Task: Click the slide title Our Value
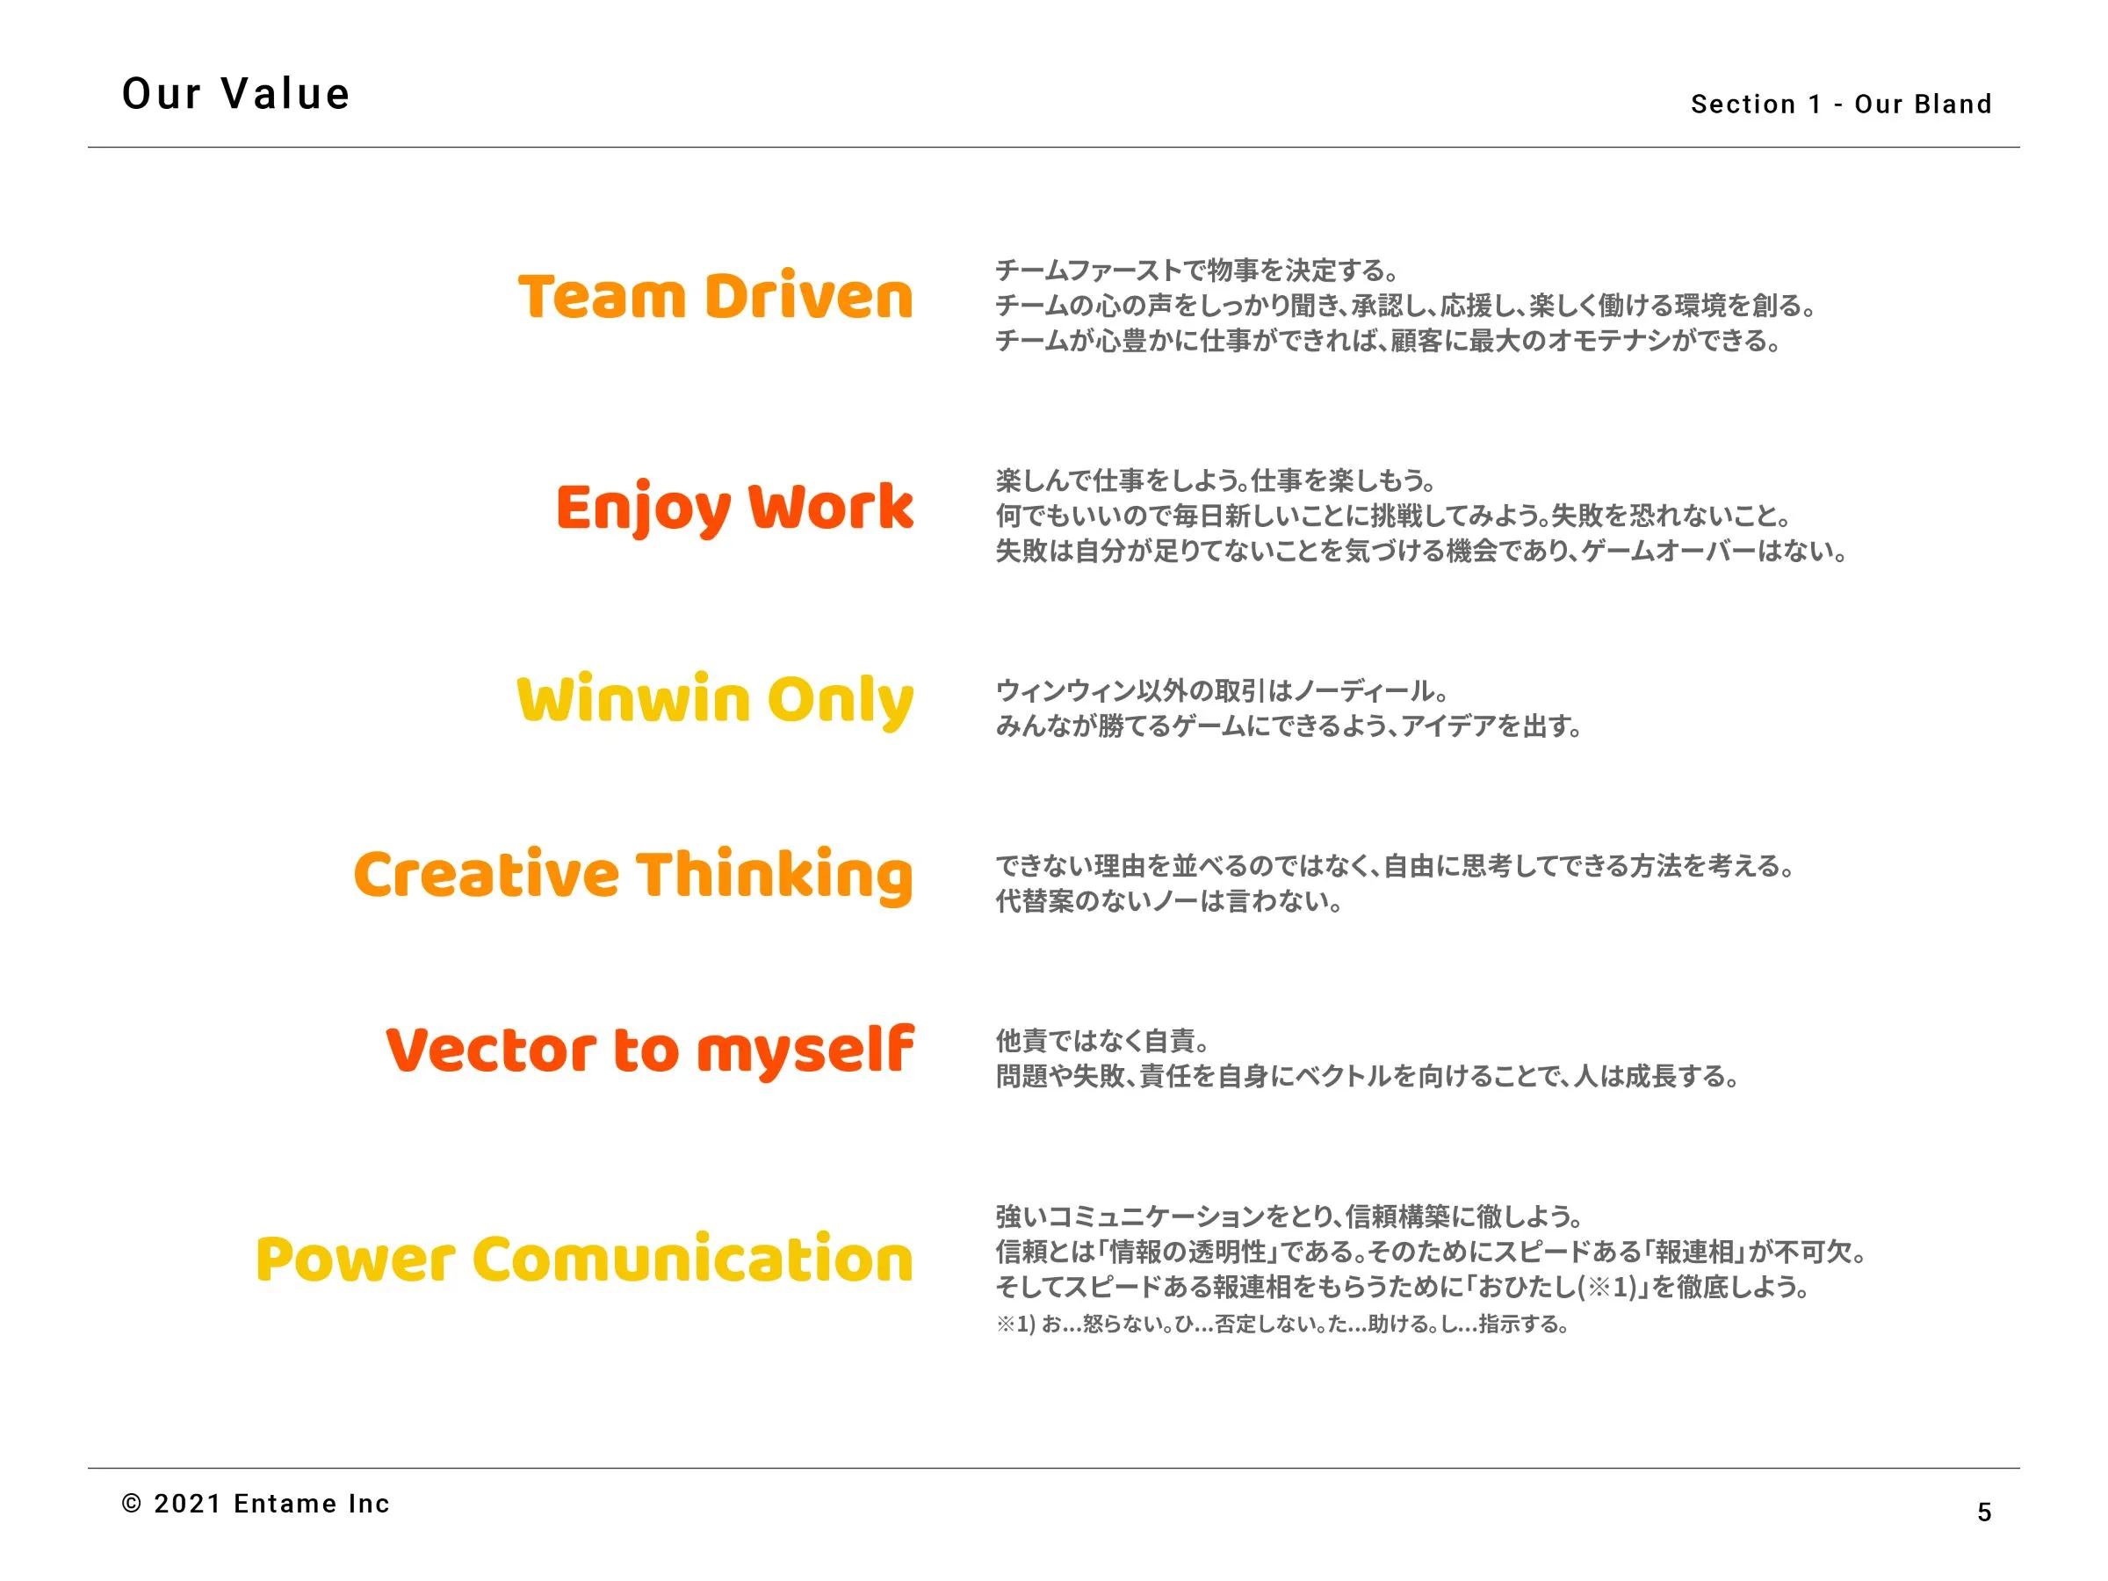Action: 236,93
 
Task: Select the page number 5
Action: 1984,1512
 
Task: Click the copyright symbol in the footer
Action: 133,1504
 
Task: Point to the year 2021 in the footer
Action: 188,1504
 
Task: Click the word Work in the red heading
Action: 831,507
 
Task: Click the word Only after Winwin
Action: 841,703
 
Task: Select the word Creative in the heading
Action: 486,874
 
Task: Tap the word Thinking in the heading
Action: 775,876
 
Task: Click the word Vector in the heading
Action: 491,1050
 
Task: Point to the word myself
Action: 805,1053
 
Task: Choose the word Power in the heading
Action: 356,1259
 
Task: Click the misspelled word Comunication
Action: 693,1258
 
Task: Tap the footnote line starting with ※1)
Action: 1281,1324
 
